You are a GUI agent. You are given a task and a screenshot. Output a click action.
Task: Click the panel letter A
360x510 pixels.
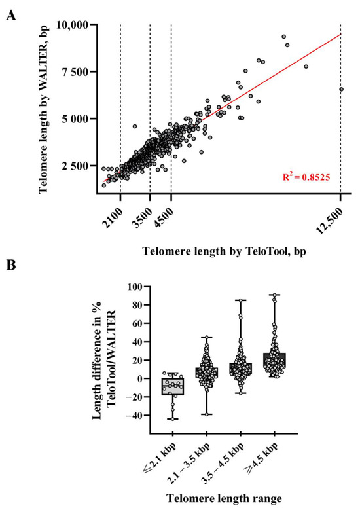point(10,14)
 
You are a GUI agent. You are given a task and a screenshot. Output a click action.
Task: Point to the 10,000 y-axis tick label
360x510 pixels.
point(75,25)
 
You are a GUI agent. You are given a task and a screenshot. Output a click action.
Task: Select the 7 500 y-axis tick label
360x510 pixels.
point(79,72)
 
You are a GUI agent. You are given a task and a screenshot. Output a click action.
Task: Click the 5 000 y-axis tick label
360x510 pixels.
point(79,119)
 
